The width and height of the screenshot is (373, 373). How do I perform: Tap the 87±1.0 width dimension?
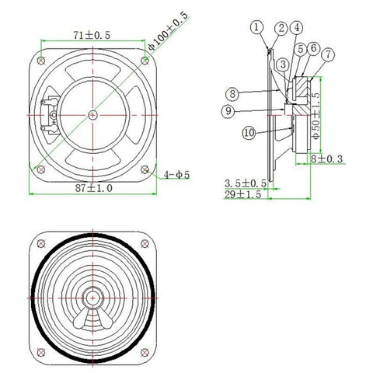pos(92,188)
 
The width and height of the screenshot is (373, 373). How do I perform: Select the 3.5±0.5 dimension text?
pos(246,183)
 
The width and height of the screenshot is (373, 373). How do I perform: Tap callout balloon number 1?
pos(257,28)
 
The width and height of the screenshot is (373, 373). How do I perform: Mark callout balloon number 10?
pos(249,133)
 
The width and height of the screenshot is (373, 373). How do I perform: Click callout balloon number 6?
pos(313,48)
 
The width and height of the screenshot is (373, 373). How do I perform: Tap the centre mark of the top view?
pos(92,114)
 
